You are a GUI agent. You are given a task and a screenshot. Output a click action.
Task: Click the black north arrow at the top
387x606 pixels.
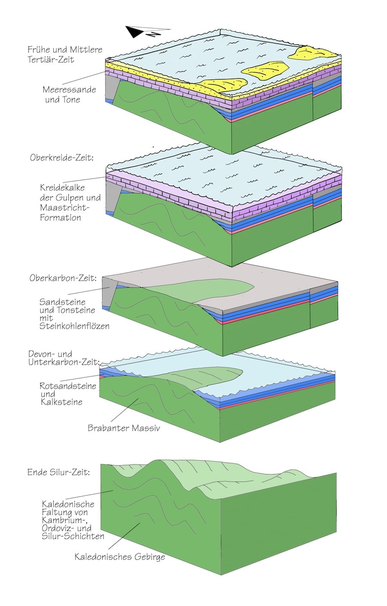click(x=137, y=32)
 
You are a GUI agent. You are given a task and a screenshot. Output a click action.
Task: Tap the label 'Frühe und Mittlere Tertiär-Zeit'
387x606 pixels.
click(x=65, y=55)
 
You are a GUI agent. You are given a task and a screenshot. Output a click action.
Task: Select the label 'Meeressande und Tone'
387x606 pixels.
click(x=69, y=95)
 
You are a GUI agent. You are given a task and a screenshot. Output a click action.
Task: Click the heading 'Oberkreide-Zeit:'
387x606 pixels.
click(x=61, y=158)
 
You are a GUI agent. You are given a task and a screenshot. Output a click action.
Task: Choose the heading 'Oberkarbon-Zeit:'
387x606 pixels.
click(x=63, y=278)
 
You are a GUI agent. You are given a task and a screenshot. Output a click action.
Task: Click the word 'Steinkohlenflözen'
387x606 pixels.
click(x=74, y=326)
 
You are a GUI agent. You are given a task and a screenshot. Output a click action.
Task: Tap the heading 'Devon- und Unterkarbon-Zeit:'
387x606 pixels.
click(x=64, y=358)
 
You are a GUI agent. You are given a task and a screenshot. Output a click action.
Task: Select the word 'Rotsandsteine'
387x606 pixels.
click(x=68, y=386)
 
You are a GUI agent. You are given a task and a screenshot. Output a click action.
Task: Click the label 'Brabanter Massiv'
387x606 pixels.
click(x=123, y=428)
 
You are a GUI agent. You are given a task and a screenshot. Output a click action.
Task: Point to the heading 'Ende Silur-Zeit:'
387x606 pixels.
click(x=58, y=472)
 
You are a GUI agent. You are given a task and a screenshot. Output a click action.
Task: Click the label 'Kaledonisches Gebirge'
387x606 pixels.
click(x=120, y=557)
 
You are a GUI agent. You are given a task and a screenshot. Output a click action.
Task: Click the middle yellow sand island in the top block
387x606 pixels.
click(x=264, y=70)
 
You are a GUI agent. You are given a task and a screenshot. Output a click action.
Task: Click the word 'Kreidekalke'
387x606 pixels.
click(x=62, y=188)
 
